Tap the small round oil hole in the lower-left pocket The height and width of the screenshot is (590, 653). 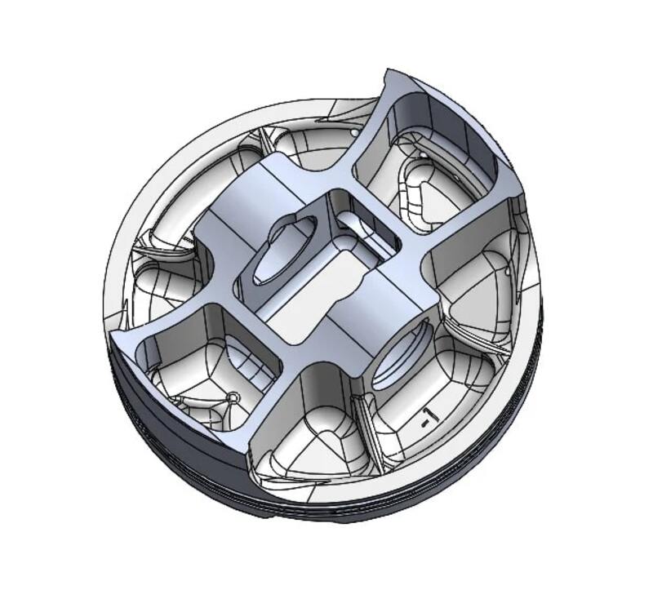tap(234, 397)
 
